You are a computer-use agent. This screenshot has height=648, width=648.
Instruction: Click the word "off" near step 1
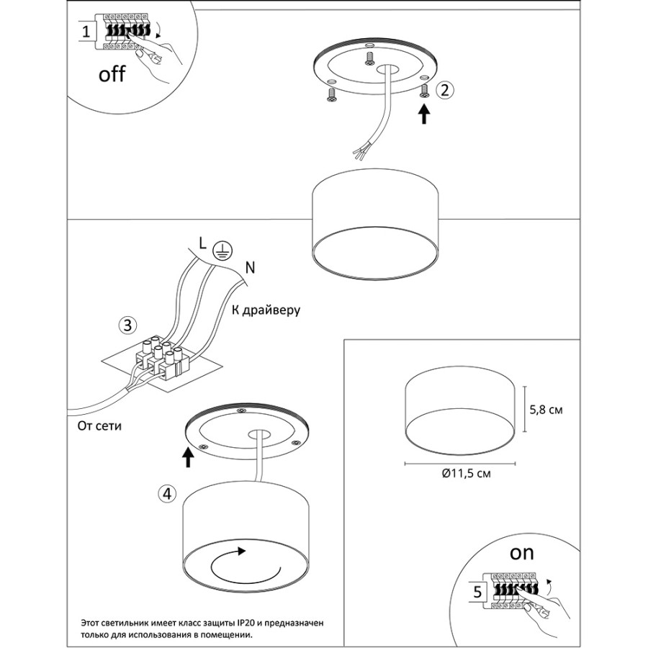(112, 74)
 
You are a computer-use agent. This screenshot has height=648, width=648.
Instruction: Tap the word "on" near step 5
(521, 553)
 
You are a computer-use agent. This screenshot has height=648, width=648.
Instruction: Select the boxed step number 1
(86, 32)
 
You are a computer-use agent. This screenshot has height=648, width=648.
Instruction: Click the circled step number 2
(445, 90)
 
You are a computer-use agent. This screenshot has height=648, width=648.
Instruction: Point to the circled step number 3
(127, 325)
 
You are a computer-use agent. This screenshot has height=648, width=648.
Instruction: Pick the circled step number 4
(167, 493)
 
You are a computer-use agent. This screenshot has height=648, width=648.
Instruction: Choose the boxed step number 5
(478, 593)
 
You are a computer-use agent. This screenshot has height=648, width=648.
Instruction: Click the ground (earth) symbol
(222, 251)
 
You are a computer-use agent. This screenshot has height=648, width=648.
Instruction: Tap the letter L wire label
(202, 244)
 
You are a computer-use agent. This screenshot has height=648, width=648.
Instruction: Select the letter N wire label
(250, 268)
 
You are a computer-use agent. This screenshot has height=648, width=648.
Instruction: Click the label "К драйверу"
(266, 310)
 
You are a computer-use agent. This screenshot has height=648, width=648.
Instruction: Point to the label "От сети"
(99, 426)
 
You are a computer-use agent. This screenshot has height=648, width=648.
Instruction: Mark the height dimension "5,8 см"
(546, 410)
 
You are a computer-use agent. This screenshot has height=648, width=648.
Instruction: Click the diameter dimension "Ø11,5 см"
(466, 473)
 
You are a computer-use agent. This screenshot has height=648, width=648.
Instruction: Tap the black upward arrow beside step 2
(424, 114)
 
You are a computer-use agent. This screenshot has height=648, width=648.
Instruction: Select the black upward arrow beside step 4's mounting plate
(188, 457)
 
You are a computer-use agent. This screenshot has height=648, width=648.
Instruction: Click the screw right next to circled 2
(424, 91)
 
